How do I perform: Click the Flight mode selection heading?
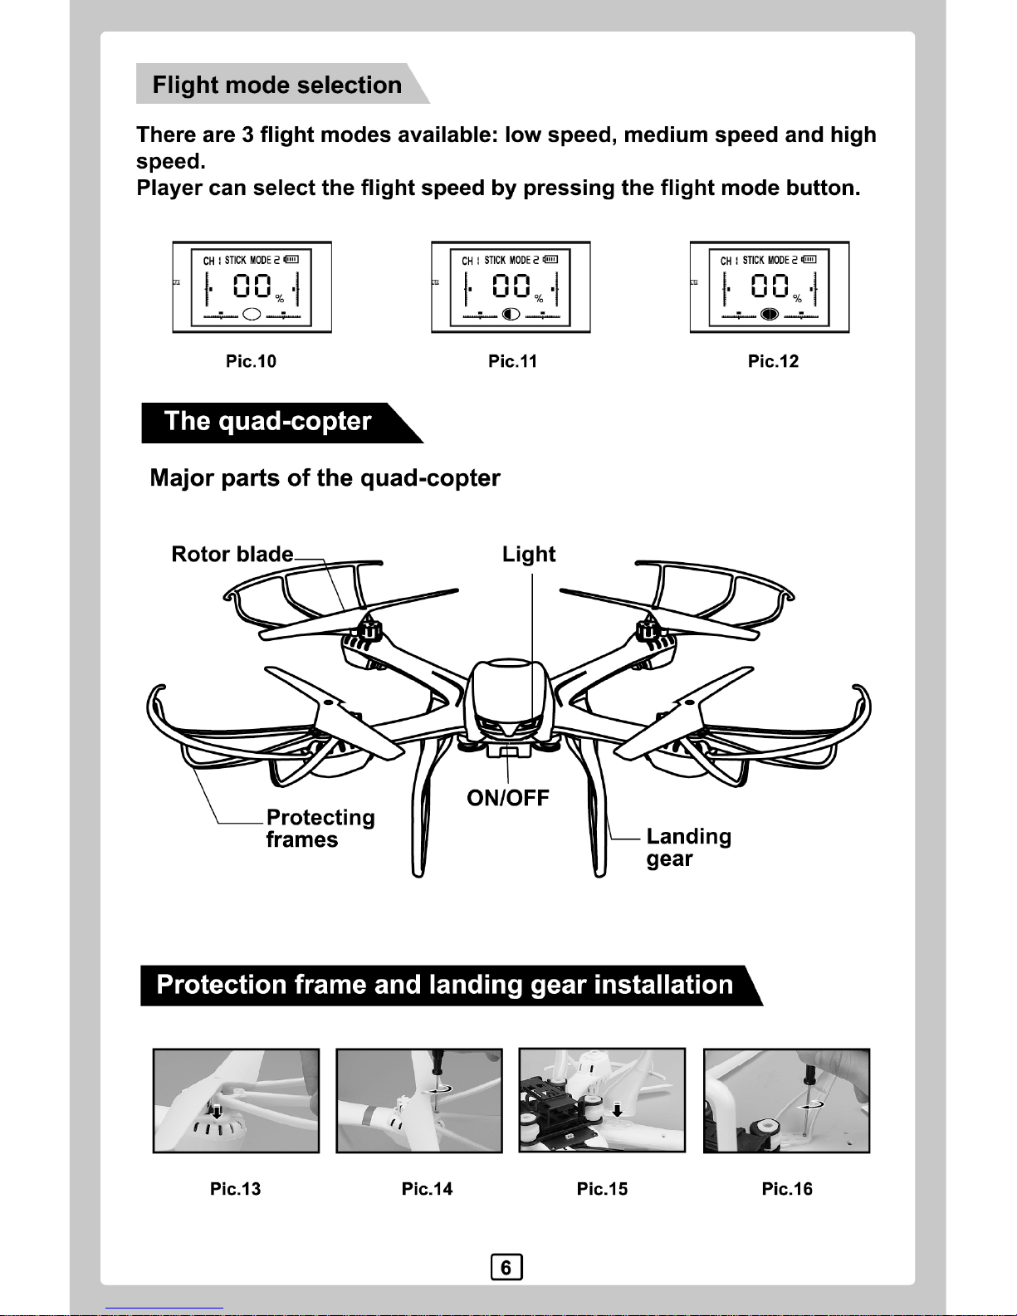276,85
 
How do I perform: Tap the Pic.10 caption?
251,361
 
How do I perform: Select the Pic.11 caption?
512,361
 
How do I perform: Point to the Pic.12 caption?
773,361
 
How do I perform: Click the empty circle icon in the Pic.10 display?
253,314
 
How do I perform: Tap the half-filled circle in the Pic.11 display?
511,314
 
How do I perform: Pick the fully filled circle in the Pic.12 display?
770,314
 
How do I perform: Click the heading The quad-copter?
267,421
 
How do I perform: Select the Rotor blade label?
232,554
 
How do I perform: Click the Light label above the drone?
529,554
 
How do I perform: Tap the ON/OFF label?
508,798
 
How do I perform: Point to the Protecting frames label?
320,829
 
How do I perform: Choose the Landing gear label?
688,847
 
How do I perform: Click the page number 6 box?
506,1268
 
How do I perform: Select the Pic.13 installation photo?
236,1100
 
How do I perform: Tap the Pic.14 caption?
427,1189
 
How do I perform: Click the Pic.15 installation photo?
602,1100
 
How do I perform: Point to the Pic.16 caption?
787,1189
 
